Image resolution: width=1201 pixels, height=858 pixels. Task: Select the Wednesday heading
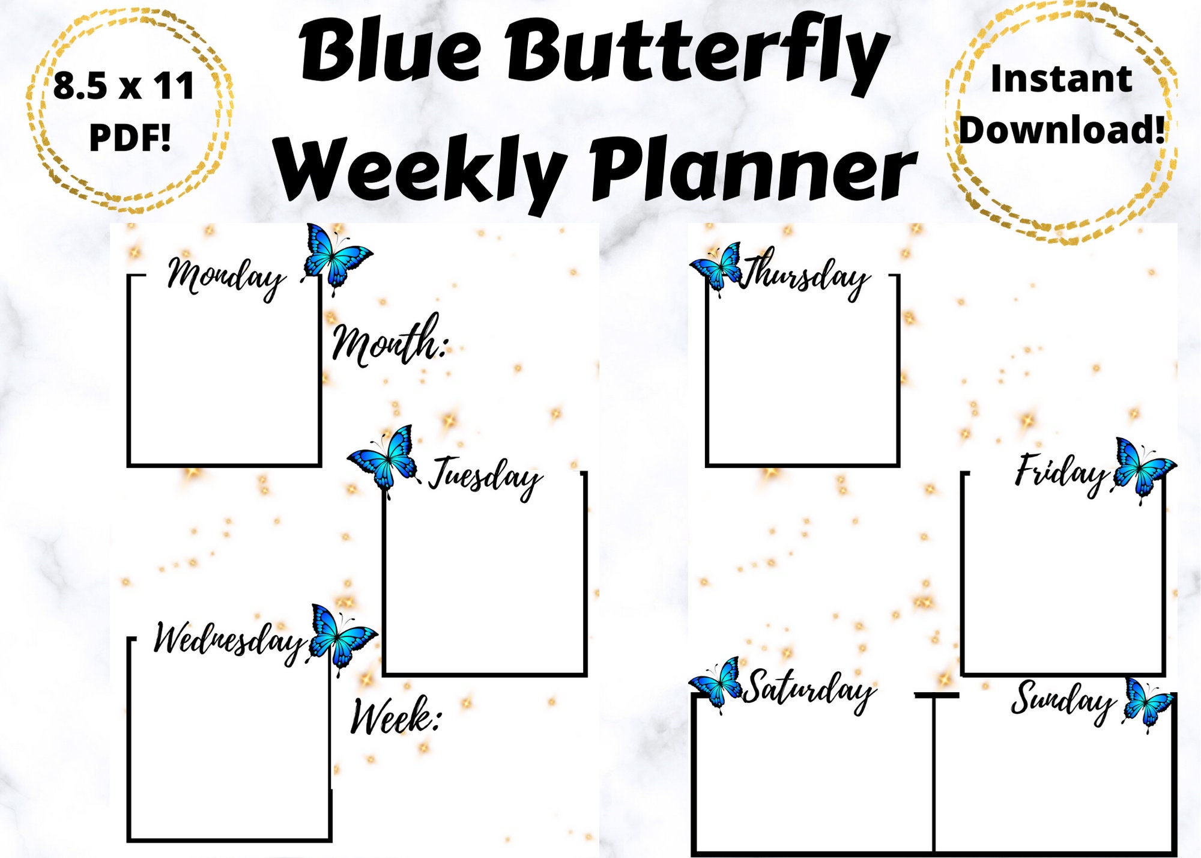click(228, 640)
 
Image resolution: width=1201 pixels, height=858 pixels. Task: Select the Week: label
click(395, 716)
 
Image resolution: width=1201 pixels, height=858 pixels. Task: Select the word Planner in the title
click(754, 168)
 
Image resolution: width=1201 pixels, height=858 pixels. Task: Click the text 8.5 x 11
click(124, 86)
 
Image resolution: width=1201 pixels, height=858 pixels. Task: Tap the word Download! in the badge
click(1062, 130)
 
